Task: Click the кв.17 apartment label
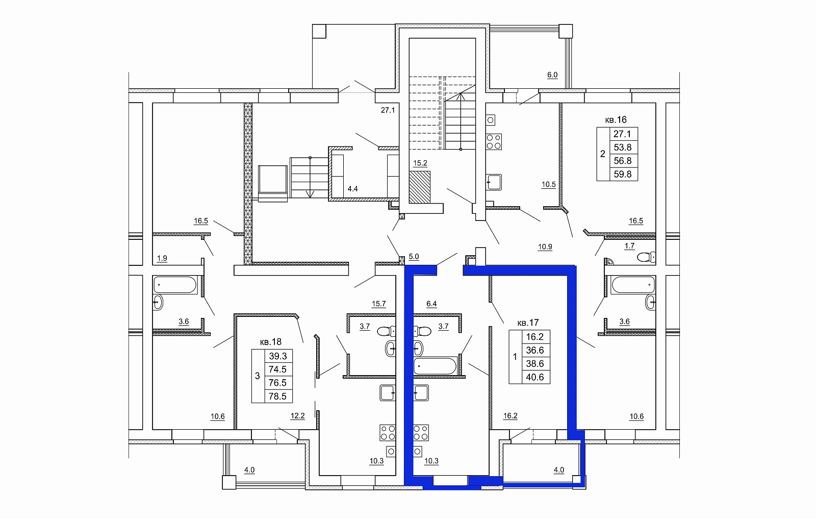(x=528, y=323)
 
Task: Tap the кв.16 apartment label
(x=616, y=119)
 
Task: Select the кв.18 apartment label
(x=271, y=342)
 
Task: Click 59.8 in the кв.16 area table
(x=623, y=174)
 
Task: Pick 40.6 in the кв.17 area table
(x=535, y=377)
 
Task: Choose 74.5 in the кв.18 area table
(x=277, y=369)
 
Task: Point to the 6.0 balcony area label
(x=552, y=75)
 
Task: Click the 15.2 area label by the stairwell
(x=420, y=163)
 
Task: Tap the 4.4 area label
(x=352, y=189)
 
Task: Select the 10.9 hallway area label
(x=545, y=247)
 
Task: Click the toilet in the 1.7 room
(x=646, y=257)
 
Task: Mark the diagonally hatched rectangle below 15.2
(x=420, y=187)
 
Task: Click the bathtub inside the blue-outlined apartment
(x=436, y=366)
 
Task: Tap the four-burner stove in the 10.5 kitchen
(x=494, y=141)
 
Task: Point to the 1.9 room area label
(x=162, y=258)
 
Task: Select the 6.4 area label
(x=431, y=304)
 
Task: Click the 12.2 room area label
(x=298, y=416)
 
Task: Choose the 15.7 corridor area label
(x=378, y=304)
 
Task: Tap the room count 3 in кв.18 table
(x=258, y=376)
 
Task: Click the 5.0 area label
(x=414, y=257)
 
